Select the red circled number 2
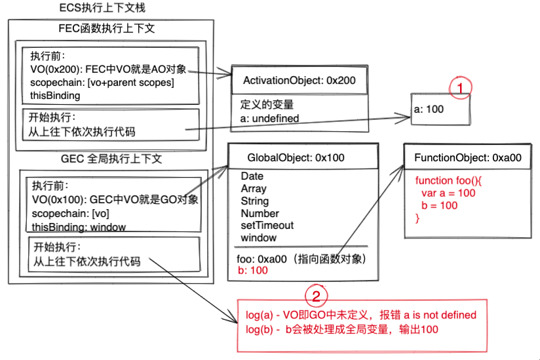coord(316,296)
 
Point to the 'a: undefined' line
coord(269,118)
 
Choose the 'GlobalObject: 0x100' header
coord(295,157)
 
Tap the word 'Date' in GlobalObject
coord(252,176)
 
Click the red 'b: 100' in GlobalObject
coord(252,270)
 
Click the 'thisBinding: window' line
coord(79,227)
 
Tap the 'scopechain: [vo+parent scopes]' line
coord(102,83)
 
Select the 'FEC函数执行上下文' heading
coord(106,30)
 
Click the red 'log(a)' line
coord(360,315)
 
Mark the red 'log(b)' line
coord(341,329)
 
